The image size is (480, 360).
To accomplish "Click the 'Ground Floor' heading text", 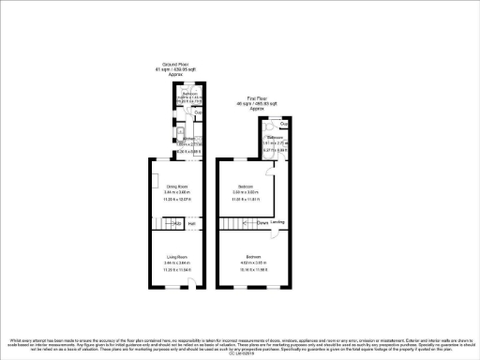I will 172,65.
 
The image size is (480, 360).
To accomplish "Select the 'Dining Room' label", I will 178,187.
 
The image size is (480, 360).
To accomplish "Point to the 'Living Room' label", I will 178,256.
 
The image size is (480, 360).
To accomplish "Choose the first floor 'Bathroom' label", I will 274,137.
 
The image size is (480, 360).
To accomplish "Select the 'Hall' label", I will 191,223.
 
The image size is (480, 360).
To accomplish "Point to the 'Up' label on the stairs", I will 176,223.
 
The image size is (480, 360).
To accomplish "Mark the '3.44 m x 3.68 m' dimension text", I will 178,193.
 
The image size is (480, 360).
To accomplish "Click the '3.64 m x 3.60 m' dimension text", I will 248,193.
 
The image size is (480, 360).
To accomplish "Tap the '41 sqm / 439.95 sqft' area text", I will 172,70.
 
